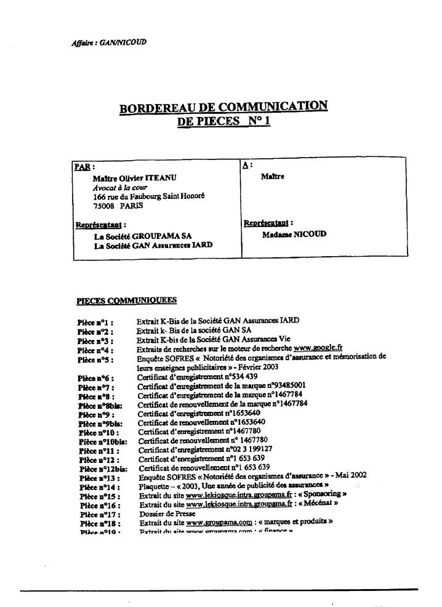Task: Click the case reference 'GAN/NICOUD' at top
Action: click(126, 42)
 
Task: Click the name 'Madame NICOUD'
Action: click(294, 235)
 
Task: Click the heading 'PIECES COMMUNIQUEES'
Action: click(126, 300)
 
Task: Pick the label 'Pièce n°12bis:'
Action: click(98, 468)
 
